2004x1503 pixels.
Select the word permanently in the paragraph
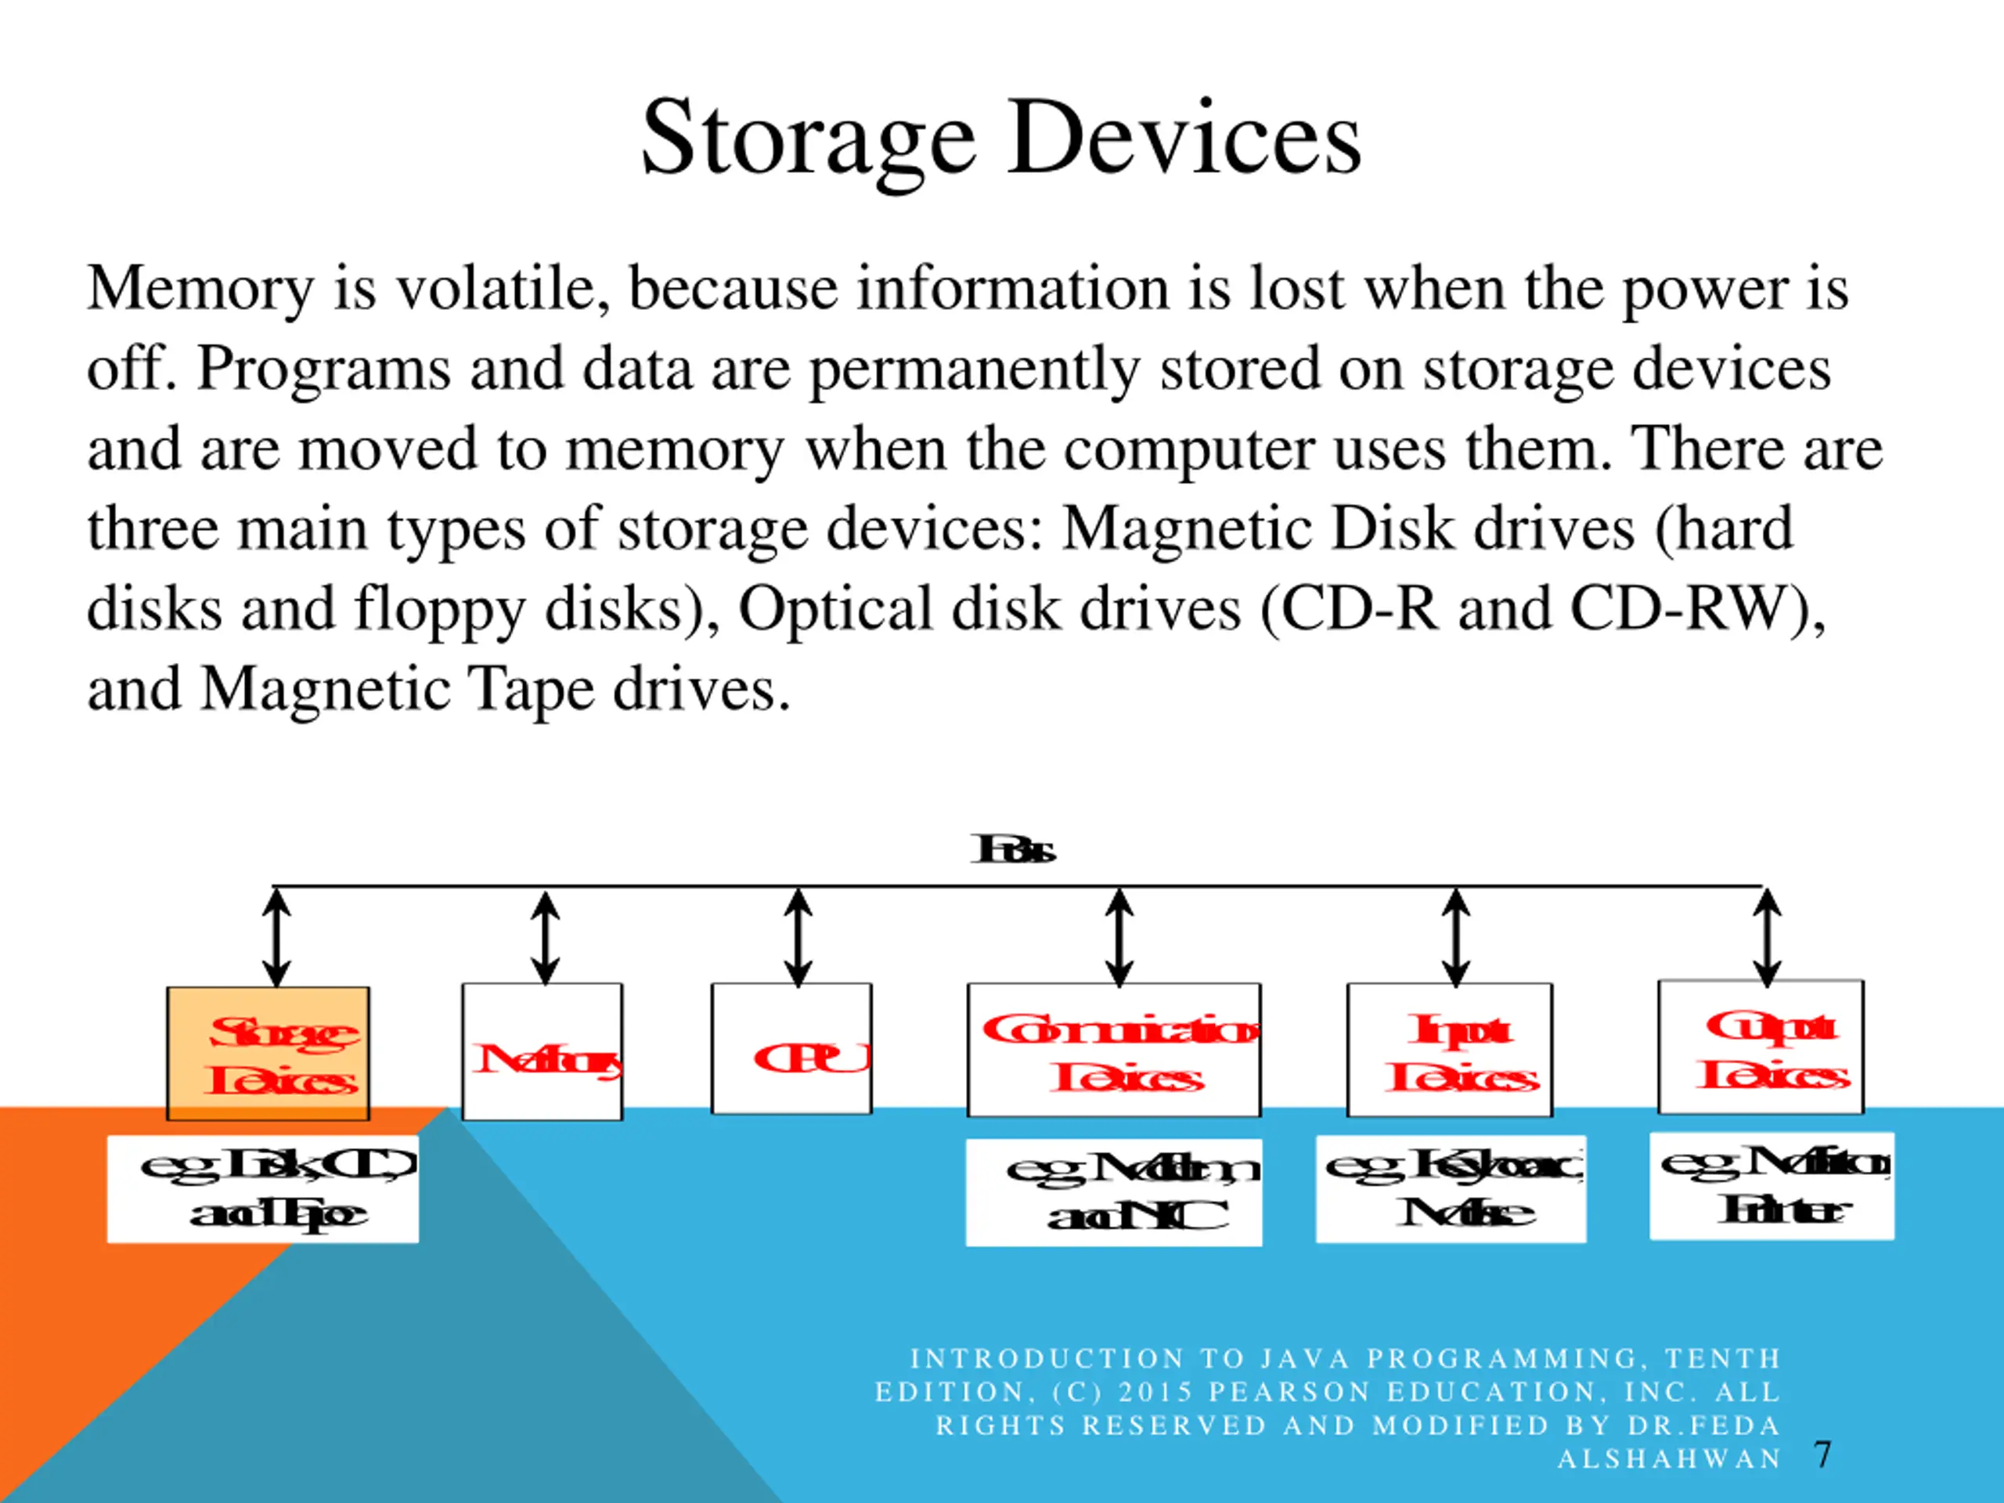tap(974, 369)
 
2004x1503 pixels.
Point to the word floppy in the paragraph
tap(439, 609)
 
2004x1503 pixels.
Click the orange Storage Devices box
tap(269, 1053)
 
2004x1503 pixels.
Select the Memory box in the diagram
tap(542, 1051)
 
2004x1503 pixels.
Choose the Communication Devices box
tap(1113, 1049)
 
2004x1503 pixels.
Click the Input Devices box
tap(1450, 1049)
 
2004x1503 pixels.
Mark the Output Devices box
tap(1761, 1047)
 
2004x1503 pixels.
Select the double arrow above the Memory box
tap(545, 938)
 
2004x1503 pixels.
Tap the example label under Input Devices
tap(1451, 1188)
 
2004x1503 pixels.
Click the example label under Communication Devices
tap(1113, 1192)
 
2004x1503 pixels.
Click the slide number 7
tap(1823, 1455)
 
